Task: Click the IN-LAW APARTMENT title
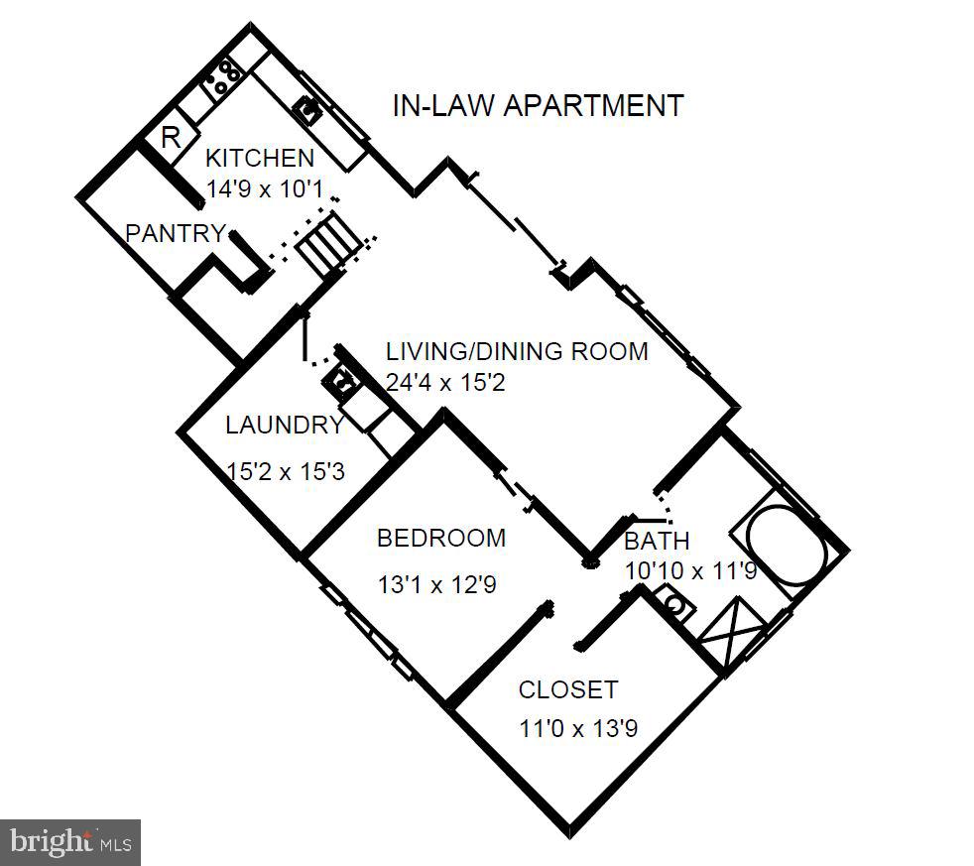(538, 106)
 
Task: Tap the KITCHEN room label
(259, 158)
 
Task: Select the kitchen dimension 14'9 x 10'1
(266, 188)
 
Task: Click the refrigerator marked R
(171, 137)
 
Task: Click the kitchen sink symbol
(310, 107)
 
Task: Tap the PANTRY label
(175, 234)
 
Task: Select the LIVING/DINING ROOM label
(516, 351)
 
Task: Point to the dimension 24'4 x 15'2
(445, 381)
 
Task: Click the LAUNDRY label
(284, 427)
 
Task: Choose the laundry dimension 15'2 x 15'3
(286, 472)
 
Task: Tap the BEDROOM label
(441, 539)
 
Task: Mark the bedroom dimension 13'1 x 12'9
(436, 585)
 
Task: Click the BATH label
(657, 542)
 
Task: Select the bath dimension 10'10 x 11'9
(691, 571)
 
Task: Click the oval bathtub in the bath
(787, 548)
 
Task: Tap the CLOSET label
(568, 690)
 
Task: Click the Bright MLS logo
(70, 841)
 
